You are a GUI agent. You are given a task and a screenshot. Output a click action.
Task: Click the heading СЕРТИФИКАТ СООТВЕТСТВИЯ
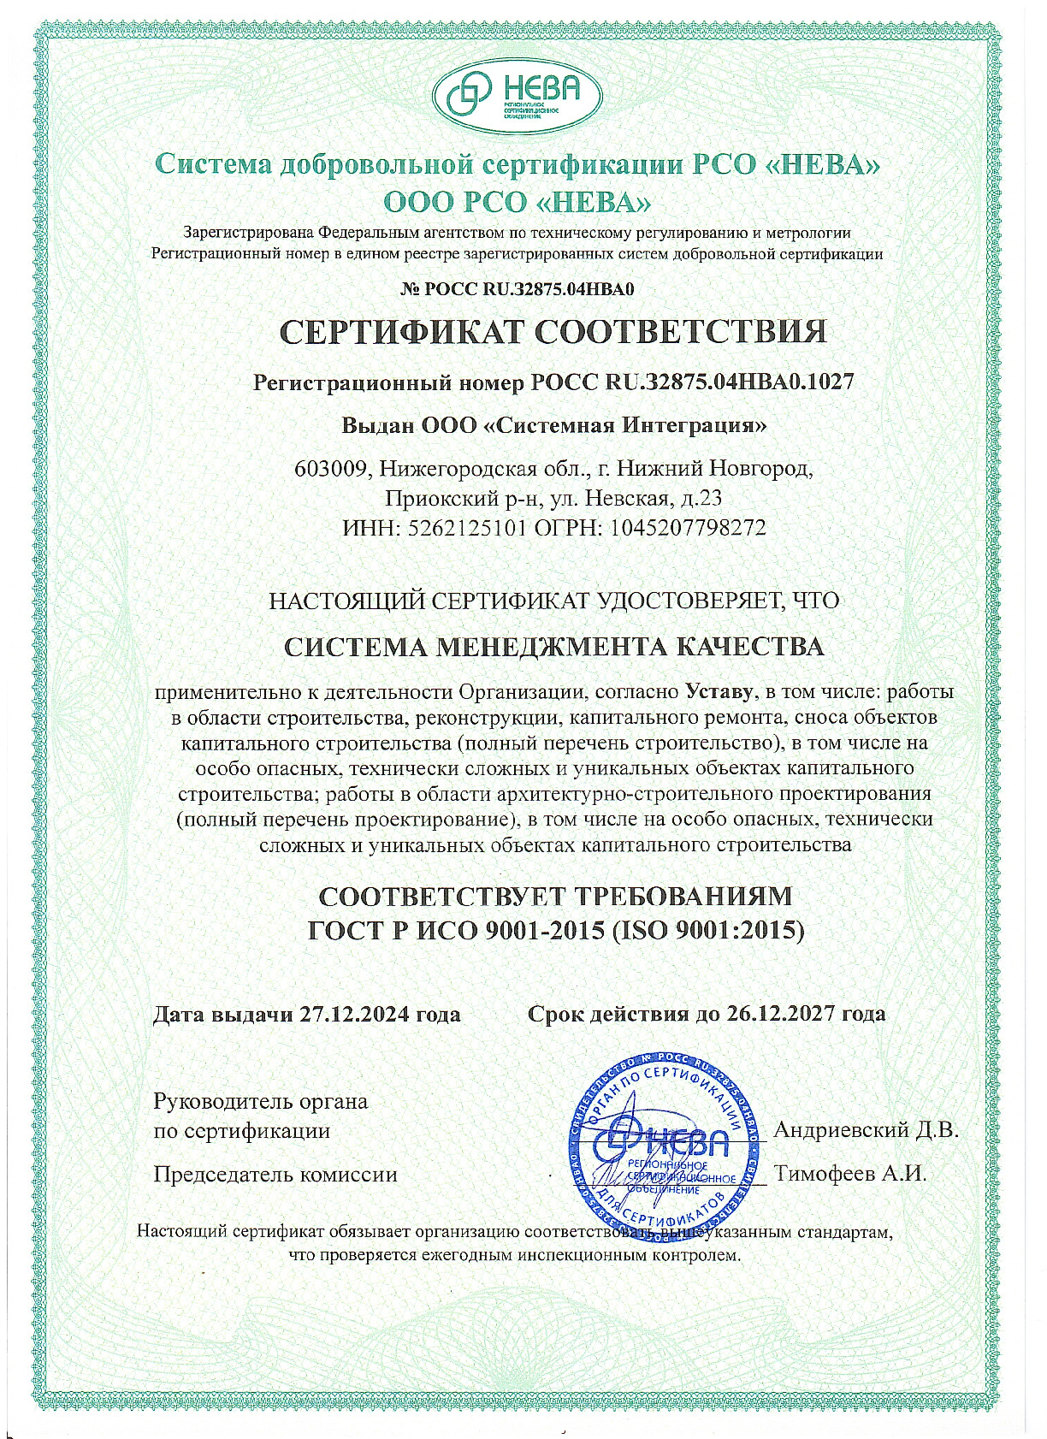(x=553, y=332)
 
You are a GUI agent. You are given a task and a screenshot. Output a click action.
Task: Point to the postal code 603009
(x=333, y=469)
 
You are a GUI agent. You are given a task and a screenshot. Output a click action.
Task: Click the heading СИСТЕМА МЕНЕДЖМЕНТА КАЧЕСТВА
(x=553, y=646)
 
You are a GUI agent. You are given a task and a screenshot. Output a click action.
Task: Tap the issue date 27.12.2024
(x=355, y=1015)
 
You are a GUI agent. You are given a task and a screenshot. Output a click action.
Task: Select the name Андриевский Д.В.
(x=865, y=1129)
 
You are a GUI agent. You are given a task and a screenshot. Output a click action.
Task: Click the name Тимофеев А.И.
(x=850, y=1173)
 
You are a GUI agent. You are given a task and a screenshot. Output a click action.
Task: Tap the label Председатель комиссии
(x=275, y=1174)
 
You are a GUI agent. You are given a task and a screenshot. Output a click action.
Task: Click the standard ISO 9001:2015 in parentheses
(x=708, y=930)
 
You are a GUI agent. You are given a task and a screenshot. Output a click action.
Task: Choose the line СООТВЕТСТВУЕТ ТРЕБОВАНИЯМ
(x=555, y=897)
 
